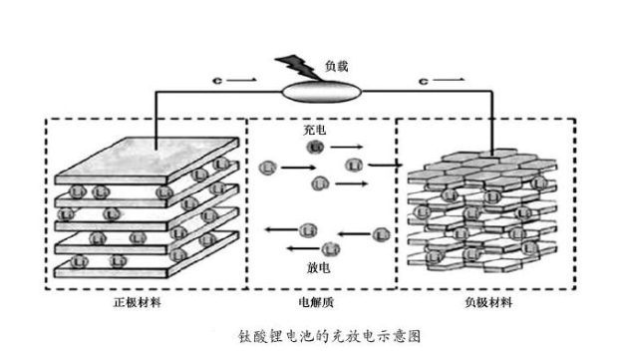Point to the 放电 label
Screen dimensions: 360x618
point(318,268)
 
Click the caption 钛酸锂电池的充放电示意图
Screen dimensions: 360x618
point(317,337)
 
